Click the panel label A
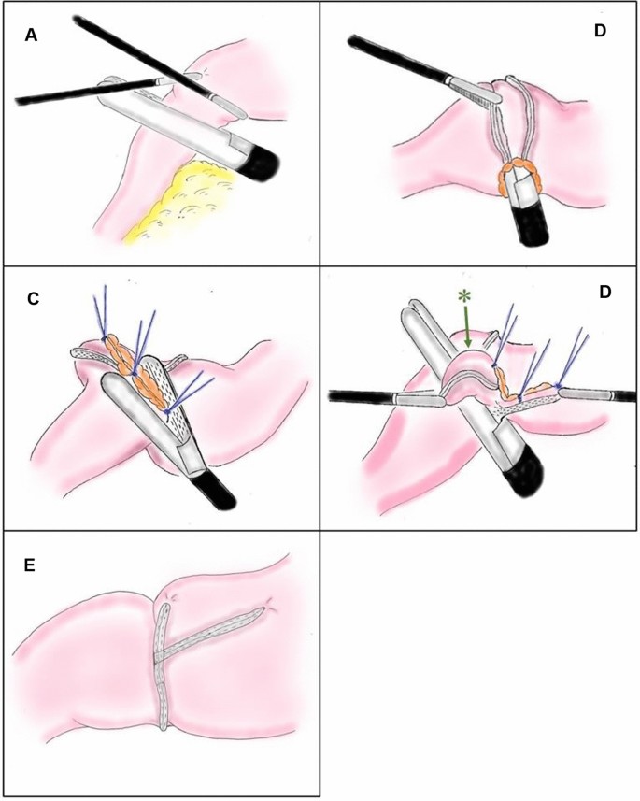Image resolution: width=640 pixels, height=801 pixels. (31, 36)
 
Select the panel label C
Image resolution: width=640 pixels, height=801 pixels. (34, 298)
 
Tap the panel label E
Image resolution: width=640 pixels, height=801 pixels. (30, 565)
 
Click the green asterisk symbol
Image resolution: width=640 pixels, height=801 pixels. (464, 296)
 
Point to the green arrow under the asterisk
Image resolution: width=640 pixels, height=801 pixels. (467, 327)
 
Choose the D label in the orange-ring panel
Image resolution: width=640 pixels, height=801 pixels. (600, 31)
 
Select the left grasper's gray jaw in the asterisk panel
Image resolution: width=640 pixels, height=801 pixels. (419, 398)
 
